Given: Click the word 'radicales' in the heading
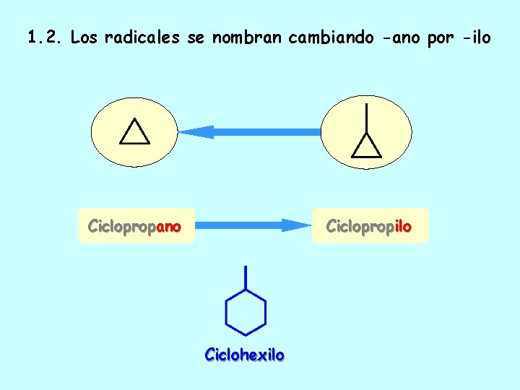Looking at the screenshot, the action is point(142,38).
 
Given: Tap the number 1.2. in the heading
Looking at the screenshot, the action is point(45,38).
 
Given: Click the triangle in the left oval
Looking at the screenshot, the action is point(134,132).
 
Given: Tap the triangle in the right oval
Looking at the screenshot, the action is point(366,146).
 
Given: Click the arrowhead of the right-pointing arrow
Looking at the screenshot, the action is point(296,225).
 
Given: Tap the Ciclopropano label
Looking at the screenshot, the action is point(134,226).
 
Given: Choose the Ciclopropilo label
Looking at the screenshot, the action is point(368,226).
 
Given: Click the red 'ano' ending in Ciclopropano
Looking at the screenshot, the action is point(168,226).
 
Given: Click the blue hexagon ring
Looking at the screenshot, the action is point(246,312).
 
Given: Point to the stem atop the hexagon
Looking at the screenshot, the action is point(246,277).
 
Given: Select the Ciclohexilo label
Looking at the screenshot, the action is point(245,355).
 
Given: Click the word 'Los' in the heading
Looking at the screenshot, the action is point(84,38).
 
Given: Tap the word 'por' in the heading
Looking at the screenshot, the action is point(440,38).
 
